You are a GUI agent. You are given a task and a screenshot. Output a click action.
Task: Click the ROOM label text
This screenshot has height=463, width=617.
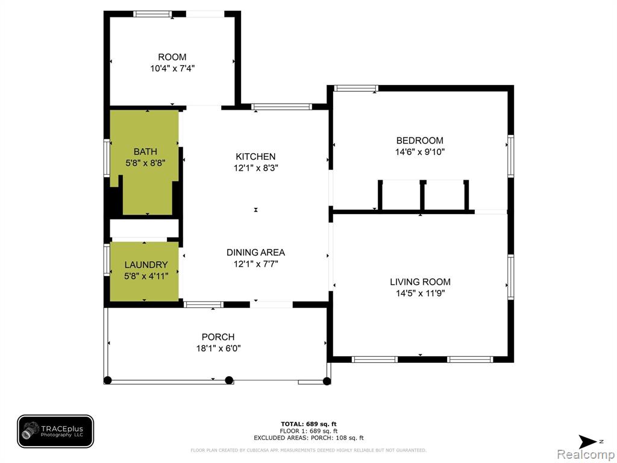click(172, 57)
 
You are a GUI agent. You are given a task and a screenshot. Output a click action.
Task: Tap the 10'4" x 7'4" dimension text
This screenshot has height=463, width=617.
click(172, 69)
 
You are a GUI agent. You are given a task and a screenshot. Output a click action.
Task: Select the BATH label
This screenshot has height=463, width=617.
click(145, 151)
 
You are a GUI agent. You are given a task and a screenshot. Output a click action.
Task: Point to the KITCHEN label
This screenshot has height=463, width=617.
click(255, 157)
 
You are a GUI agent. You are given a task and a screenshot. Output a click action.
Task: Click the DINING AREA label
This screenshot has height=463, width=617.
click(255, 253)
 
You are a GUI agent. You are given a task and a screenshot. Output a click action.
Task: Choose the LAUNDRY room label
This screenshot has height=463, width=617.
click(146, 265)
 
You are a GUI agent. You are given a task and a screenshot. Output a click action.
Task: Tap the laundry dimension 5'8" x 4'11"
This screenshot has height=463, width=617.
click(146, 276)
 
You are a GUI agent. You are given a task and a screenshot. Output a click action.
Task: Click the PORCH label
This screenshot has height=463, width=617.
click(218, 337)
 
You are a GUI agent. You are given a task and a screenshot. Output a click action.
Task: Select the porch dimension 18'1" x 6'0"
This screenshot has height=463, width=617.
click(218, 348)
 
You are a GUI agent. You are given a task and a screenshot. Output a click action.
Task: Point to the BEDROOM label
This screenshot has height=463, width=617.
click(419, 140)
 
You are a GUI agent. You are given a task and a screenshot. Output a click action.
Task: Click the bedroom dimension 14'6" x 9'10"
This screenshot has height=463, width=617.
click(419, 152)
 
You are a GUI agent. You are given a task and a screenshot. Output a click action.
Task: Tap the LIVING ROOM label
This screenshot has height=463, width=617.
click(420, 282)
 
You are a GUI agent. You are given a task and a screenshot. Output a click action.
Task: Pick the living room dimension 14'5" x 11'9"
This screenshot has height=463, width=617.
click(420, 294)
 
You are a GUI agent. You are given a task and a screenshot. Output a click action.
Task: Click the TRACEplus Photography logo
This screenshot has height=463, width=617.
click(55, 432)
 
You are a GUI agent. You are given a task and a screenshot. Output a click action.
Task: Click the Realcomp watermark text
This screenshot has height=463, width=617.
click(586, 455)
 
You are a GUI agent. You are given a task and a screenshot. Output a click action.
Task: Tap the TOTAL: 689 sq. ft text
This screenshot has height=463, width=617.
click(308, 424)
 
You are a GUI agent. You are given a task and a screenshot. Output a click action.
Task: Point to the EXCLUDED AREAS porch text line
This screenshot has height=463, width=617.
click(308, 438)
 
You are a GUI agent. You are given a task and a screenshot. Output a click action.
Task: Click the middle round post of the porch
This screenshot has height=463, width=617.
click(229, 381)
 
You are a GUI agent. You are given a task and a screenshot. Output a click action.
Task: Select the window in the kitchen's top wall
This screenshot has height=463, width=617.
click(282, 106)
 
